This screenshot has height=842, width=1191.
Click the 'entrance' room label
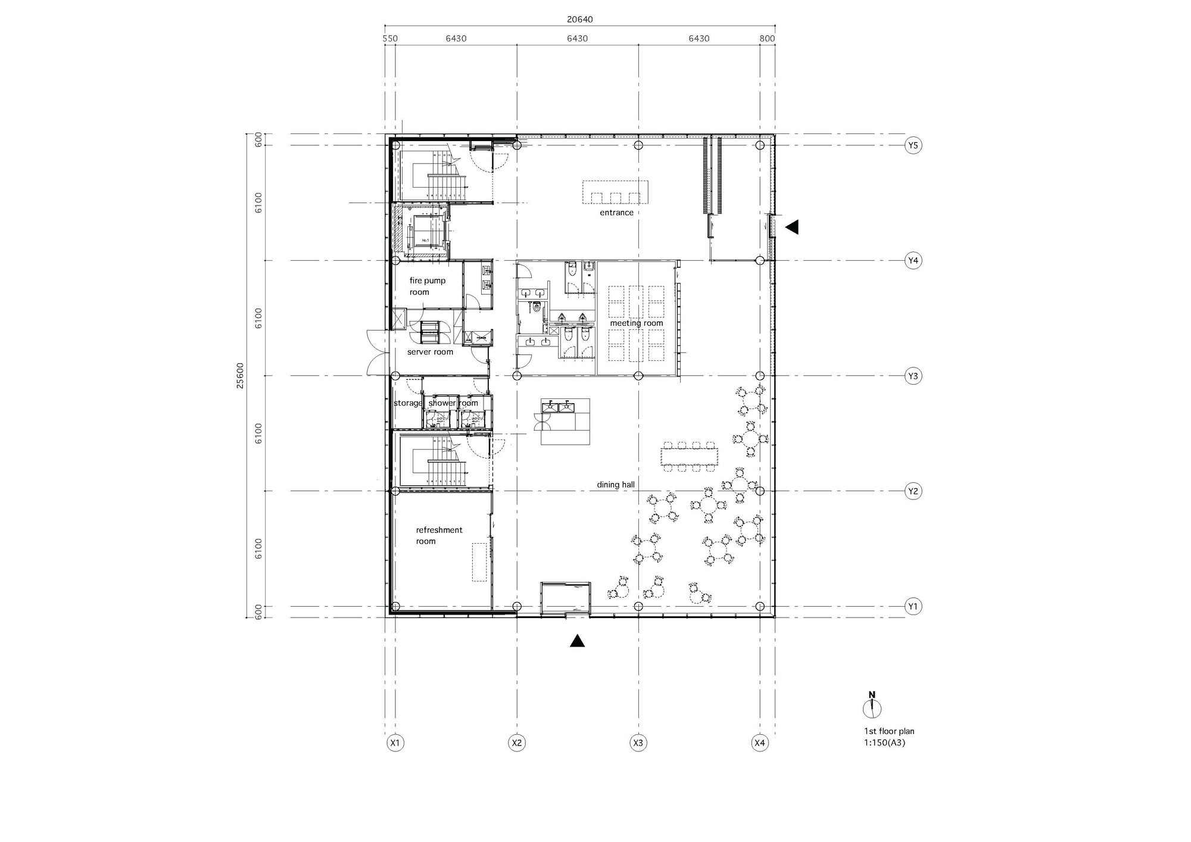pos(616,213)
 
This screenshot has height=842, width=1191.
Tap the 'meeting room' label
pos(636,323)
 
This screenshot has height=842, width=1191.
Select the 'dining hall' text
pos(616,485)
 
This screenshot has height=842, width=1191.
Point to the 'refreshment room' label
pos(439,535)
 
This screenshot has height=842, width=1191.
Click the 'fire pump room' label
pos(427,286)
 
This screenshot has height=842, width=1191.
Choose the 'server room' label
pos(430,352)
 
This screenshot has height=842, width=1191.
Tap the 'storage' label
pos(407,403)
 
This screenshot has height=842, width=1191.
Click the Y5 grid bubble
pos(913,145)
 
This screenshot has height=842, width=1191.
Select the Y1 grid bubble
pos(913,607)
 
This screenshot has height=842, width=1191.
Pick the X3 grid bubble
pos(638,743)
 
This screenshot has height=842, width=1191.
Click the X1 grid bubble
pos(395,743)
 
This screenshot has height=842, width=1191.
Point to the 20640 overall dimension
pos(579,19)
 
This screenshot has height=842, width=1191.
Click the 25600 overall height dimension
pos(240,376)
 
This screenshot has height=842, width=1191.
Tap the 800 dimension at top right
pos(767,39)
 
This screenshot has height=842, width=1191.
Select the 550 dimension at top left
pos(389,39)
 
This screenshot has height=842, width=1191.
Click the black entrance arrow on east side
pos(792,227)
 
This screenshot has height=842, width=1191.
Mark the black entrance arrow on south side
pos(577,641)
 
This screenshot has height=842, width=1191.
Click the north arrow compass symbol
pos(872,707)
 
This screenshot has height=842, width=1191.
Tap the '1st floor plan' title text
pos(889,731)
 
